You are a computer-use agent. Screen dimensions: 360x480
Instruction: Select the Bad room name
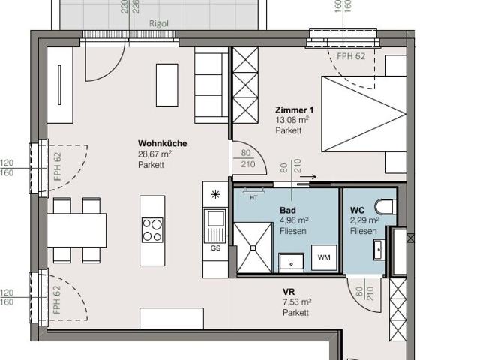coord(287,211)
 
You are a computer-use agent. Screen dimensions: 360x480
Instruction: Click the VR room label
coord(288,291)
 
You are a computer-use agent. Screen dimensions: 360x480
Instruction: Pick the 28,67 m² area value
coord(154,154)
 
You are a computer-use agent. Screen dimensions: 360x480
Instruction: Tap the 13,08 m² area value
coord(292,120)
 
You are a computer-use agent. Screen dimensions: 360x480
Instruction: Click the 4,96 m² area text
coord(294,221)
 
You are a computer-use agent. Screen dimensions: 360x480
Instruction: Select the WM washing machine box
coord(324,258)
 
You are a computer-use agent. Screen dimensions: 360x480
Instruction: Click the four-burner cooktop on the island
coord(152,229)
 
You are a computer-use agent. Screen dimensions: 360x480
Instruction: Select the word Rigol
coord(158,23)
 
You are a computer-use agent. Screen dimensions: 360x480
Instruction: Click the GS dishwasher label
coord(215,248)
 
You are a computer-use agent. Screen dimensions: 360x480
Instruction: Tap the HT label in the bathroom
coord(253,197)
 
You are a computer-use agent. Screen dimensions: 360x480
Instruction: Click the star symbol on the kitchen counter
coord(216,194)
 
